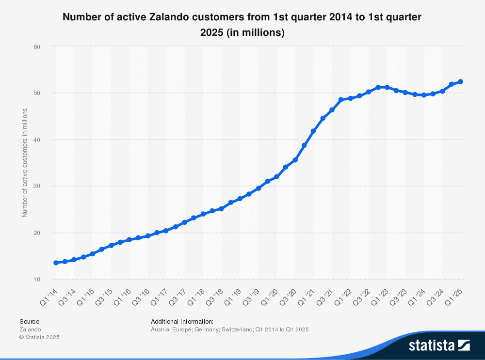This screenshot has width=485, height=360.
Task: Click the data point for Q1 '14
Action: tap(56, 263)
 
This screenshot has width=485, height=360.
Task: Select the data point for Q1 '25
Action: tap(460, 81)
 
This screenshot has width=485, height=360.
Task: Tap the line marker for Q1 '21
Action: tap(313, 131)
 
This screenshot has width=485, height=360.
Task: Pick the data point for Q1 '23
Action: tap(387, 87)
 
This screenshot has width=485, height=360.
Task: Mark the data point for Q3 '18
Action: tap(221, 209)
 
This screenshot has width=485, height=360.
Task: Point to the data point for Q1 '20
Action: tap(276, 177)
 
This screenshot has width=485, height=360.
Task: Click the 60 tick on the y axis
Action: tap(36, 47)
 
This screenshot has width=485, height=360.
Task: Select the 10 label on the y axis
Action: tap(36, 280)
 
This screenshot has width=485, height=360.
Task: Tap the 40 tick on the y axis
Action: tap(36, 140)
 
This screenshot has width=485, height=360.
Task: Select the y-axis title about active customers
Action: tap(25, 163)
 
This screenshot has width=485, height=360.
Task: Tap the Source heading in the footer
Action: tap(29, 321)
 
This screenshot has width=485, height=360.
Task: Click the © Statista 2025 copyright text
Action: tap(39, 337)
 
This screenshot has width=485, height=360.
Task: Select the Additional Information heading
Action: tap(182, 321)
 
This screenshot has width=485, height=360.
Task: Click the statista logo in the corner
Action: tap(439, 345)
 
